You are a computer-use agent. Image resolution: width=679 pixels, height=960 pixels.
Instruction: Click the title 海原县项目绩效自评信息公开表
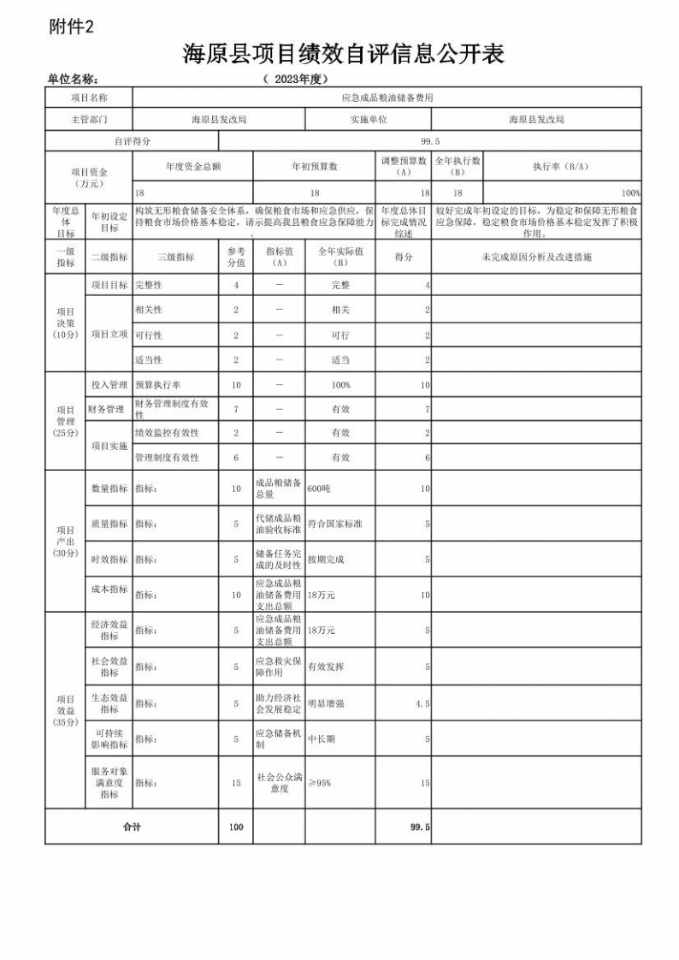tap(343, 55)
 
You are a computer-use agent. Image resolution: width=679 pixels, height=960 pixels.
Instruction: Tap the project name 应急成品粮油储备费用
tap(387, 98)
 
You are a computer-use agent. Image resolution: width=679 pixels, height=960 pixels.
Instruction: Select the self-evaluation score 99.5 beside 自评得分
tap(430, 141)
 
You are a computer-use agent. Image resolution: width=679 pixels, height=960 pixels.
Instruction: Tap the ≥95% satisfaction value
tap(319, 783)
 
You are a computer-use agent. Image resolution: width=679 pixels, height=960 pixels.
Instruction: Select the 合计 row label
tap(132, 827)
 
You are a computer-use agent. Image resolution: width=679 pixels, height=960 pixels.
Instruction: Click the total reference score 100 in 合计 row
tap(236, 827)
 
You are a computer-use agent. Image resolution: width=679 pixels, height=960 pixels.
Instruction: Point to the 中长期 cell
tap(322, 738)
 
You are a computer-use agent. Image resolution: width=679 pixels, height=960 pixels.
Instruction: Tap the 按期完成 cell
tap(326, 560)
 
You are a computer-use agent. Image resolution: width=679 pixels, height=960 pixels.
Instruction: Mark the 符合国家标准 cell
tap(335, 524)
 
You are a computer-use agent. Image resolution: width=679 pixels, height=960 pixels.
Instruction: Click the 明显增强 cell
tap(326, 703)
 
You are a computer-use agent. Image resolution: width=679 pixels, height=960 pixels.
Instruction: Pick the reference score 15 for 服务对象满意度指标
tap(236, 783)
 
